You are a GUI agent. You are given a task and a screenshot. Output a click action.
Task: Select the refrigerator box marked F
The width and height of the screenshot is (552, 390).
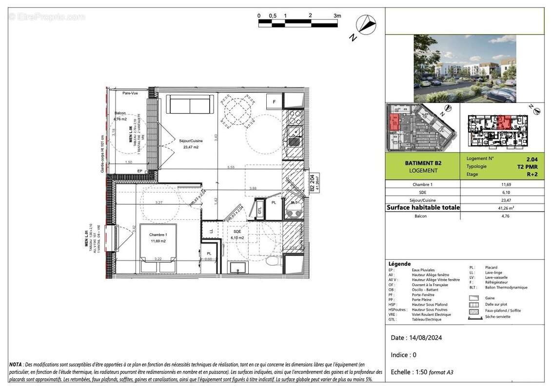coord(274,102)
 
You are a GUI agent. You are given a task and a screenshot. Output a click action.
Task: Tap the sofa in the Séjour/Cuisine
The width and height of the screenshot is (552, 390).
coord(190,104)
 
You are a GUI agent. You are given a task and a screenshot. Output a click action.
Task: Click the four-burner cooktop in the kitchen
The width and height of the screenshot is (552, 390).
coord(295,117)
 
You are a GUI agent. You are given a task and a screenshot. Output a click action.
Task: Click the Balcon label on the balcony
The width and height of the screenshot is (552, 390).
coord(120,113)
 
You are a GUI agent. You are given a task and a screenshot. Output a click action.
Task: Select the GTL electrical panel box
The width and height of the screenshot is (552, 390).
coord(259,210)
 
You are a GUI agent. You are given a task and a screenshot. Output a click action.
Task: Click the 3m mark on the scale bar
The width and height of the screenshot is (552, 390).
coord(337,16)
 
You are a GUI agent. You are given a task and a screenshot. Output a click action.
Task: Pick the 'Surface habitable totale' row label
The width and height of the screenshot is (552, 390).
coord(423,207)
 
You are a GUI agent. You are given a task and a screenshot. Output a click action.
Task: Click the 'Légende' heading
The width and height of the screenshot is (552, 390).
coord(399,263)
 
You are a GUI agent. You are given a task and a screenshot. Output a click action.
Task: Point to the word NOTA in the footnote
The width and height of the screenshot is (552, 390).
coord(15,364)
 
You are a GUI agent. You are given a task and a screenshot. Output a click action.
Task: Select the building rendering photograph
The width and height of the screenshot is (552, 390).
coord(464,68)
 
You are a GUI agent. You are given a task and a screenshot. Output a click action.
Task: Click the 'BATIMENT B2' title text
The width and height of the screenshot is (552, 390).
coord(423,163)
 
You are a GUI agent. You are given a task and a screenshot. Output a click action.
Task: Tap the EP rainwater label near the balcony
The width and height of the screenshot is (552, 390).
coord(140,171)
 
